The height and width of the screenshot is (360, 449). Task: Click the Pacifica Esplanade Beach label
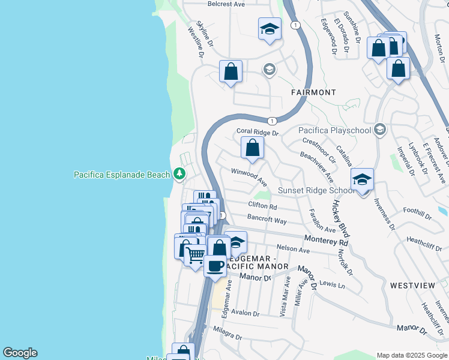click(122, 175)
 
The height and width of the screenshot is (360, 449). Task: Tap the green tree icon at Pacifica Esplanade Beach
click(179, 174)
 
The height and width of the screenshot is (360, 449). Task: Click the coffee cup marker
click(215, 265)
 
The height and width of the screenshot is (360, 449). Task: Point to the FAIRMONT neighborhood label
click(313, 92)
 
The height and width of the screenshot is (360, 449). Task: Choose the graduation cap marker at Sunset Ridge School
click(362, 179)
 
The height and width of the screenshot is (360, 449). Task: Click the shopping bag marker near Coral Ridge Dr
click(253, 148)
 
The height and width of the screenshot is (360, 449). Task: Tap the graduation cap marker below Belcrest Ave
click(270, 29)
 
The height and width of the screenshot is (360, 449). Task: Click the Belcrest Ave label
click(226, 4)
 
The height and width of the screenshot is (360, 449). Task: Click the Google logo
click(20, 353)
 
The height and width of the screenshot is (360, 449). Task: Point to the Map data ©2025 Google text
click(411, 355)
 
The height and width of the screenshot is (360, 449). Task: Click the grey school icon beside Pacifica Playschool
click(379, 130)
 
